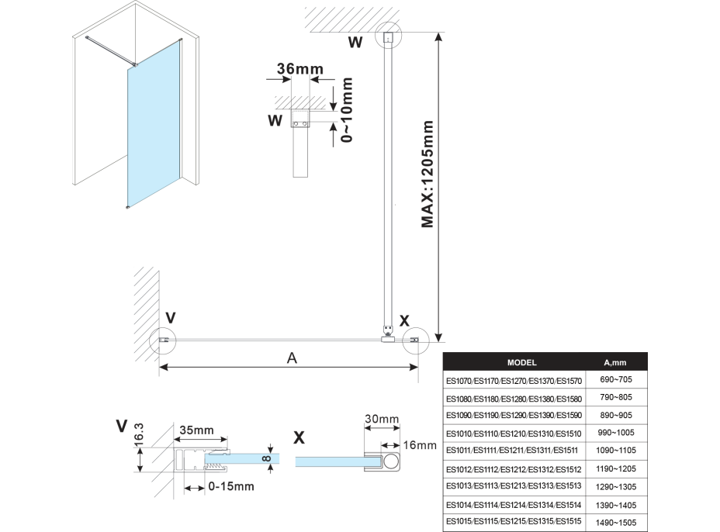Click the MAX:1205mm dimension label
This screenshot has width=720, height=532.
tap(427, 174)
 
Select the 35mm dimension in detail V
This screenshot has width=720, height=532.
tap(197, 430)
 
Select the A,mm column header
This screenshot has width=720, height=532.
tap(614, 362)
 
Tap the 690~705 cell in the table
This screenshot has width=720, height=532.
tap(614, 380)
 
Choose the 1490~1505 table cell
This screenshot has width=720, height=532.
tap(614, 523)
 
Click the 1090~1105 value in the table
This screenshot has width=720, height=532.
tap(614, 451)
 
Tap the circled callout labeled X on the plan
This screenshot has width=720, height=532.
tap(415, 340)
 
